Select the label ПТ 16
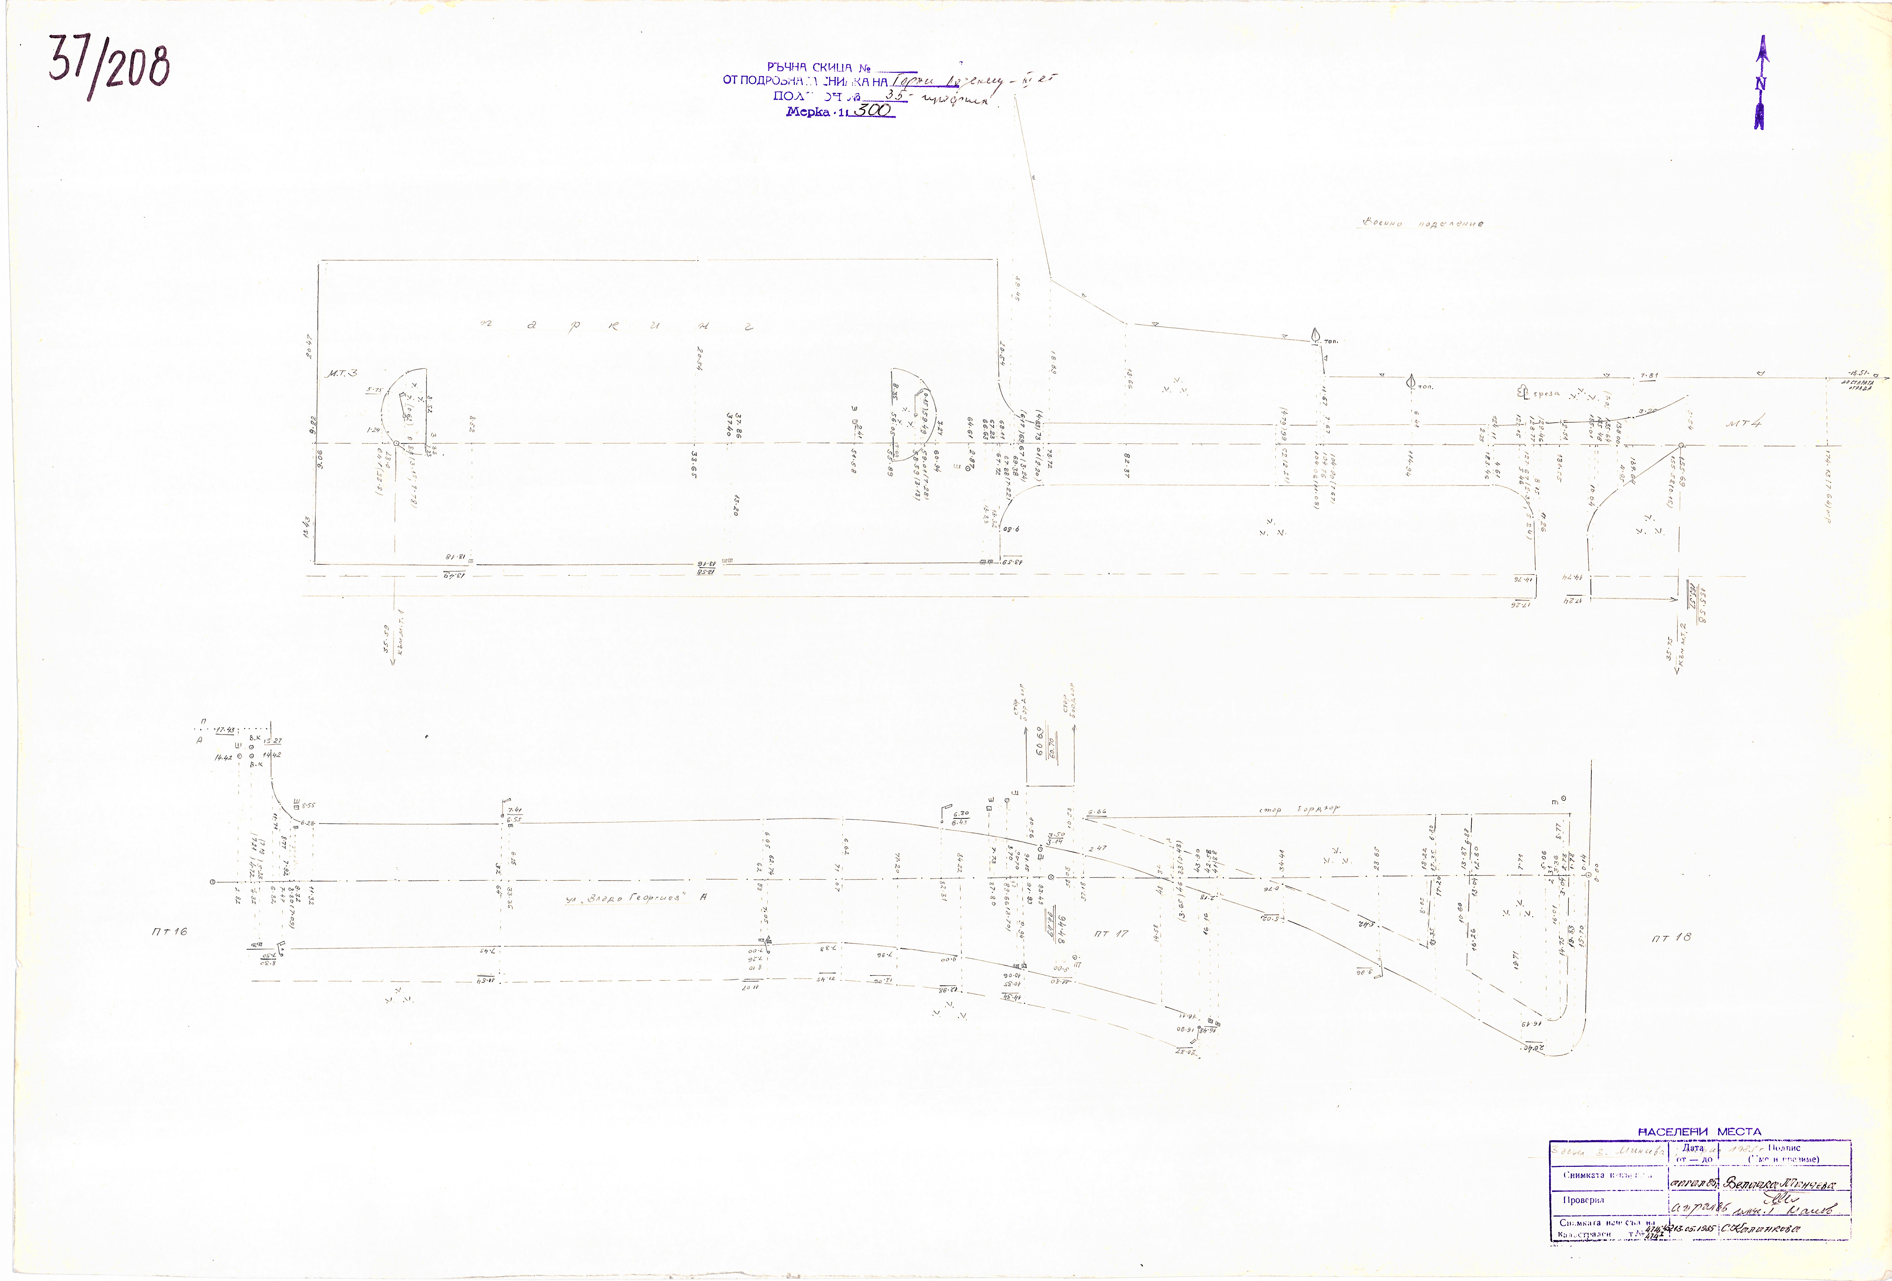[169, 931]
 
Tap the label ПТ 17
[1111, 933]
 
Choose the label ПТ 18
[1671, 937]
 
